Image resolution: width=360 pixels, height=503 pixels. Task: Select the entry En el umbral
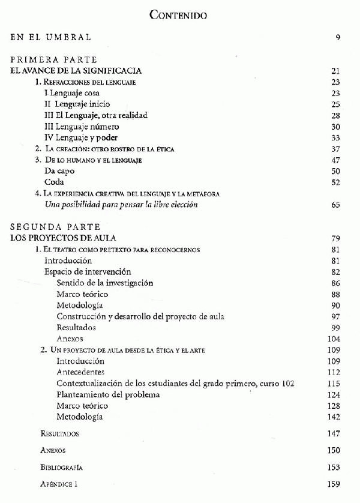[52, 38]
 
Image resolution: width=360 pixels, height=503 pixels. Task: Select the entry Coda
[54, 182]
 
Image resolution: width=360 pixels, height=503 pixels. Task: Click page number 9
[338, 38]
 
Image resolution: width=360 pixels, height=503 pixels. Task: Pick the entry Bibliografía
[62, 467]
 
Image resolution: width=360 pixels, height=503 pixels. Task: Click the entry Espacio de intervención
[88, 272]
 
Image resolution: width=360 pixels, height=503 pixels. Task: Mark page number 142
[333, 417]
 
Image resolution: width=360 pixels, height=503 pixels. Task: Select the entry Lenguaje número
[82, 127]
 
